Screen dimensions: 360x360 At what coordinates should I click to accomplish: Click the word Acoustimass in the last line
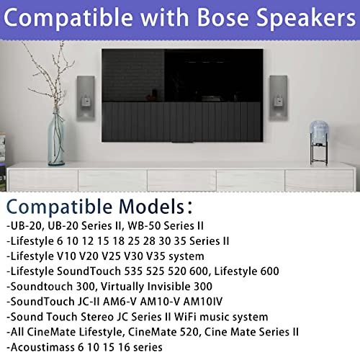pos(41,347)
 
